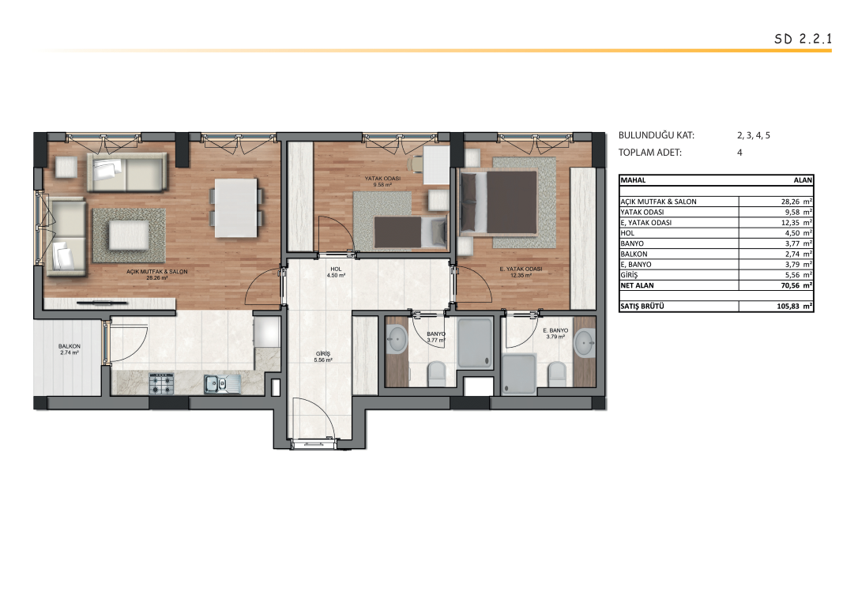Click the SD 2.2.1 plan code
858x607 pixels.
tap(803, 39)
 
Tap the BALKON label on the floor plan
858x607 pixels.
tap(70, 346)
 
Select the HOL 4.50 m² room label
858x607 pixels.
tap(336, 272)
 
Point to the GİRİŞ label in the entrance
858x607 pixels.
tap(323, 353)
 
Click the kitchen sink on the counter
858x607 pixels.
tap(222, 384)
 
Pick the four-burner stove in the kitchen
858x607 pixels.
tap(161, 383)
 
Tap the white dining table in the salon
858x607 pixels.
tap(236, 208)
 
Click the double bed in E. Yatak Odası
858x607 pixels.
tap(499, 202)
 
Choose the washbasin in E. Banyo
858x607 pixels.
tap(585, 343)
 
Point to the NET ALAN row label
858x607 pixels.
tap(637, 285)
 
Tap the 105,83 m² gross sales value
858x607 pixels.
tap(794, 307)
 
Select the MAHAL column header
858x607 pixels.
tap(633, 180)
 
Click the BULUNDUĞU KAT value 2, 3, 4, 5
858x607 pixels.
tap(754, 135)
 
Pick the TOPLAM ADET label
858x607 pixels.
tap(650, 153)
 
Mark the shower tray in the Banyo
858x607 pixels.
tap(475, 343)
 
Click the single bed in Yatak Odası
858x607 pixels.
tap(411, 232)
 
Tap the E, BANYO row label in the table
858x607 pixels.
tap(636, 264)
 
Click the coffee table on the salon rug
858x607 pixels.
tap(129, 235)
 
